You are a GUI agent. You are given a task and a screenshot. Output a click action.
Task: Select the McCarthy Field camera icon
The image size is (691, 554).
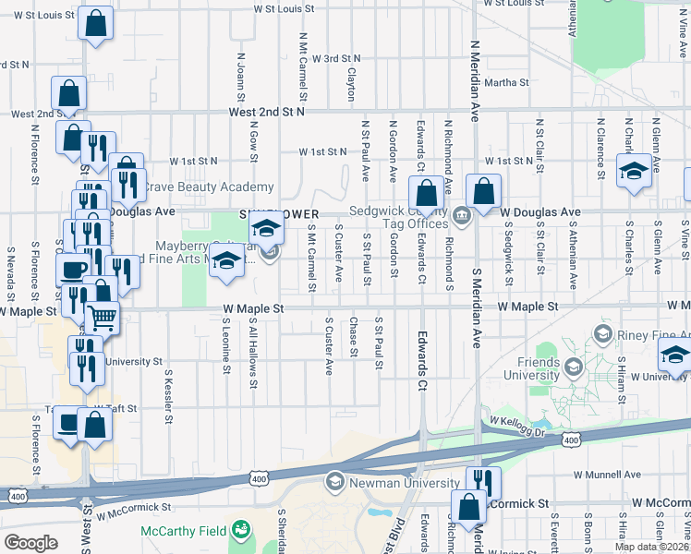[241, 530]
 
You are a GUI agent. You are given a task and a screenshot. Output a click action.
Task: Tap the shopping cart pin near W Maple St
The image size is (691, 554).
[103, 318]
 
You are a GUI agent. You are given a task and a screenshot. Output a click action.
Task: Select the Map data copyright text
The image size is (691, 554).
[650, 547]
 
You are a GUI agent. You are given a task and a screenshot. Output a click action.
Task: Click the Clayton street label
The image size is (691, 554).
[351, 83]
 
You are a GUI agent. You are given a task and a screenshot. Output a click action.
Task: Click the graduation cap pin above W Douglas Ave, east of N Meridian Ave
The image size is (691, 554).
[634, 171]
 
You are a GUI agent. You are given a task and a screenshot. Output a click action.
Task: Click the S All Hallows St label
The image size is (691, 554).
[252, 349]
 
